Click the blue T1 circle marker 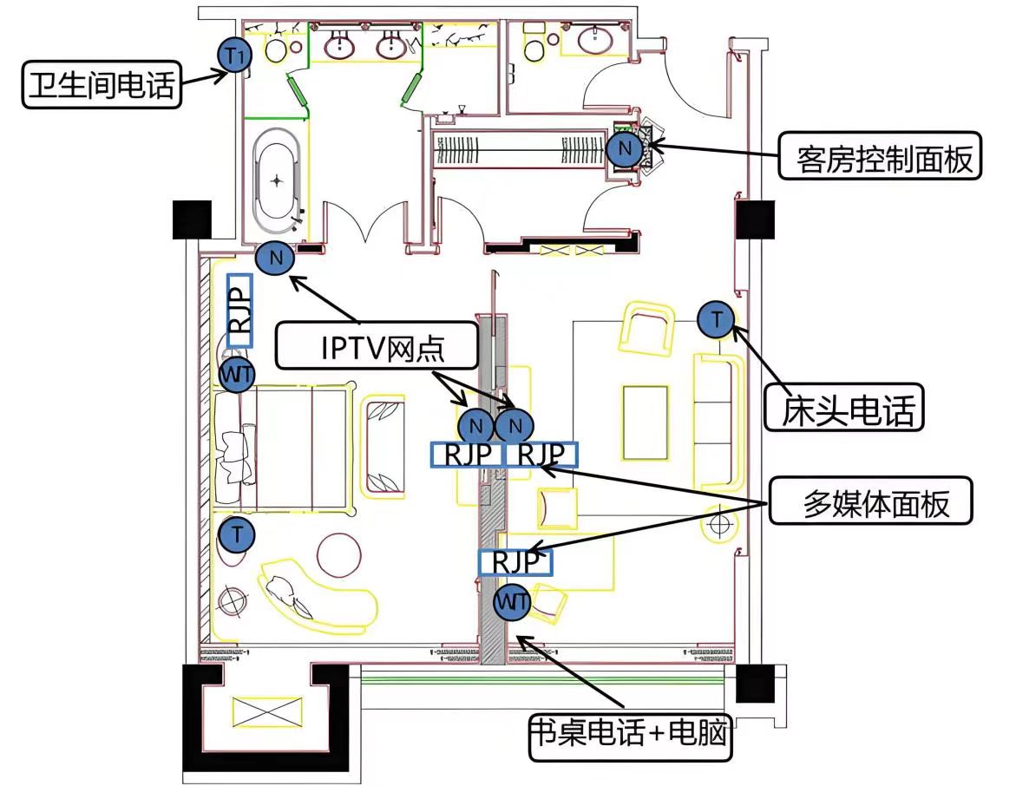(x=234, y=56)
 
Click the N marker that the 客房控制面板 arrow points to (x=624, y=150)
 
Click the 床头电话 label (x=843, y=407)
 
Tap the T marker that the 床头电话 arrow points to (x=716, y=320)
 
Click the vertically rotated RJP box (x=239, y=311)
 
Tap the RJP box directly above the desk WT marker (x=515, y=562)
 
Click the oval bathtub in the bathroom (x=278, y=177)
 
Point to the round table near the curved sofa (x=339, y=553)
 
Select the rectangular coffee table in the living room (x=646, y=422)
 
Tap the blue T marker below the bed (x=235, y=534)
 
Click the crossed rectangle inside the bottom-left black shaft (x=266, y=712)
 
